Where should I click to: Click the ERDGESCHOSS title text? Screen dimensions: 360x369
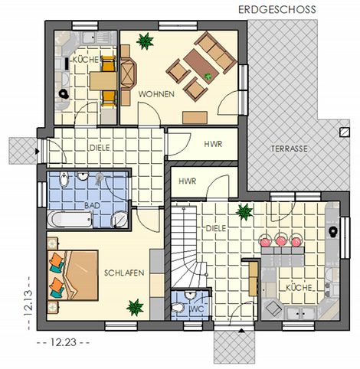coord(277,10)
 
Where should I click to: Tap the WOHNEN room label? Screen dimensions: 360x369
coord(156,94)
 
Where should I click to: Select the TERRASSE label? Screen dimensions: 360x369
coord(290,149)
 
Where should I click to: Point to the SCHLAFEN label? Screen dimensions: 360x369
coord(124,273)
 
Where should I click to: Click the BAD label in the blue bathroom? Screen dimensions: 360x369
coord(92,205)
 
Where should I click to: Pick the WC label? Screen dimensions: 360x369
coord(197,309)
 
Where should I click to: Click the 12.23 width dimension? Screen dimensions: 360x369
coord(64,342)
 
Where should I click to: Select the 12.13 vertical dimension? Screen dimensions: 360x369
coord(28,303)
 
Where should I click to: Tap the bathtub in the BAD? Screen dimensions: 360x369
coord(70,219)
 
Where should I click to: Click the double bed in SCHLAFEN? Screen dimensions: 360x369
coord(73,275)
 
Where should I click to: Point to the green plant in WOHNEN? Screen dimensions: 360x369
coord(145,41)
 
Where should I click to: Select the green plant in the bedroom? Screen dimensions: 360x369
coord(135,308)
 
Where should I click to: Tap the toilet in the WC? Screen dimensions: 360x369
coord(178,307)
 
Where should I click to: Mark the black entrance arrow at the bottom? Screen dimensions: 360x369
coord(241,331)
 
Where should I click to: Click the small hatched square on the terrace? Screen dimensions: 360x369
coord(345,132)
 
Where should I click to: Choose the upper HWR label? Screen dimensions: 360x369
coord(213,144)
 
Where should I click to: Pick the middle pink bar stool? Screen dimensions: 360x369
coord(281,240)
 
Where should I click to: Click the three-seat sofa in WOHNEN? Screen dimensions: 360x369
coord(215,52)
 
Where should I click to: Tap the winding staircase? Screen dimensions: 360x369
coord(188,247)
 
